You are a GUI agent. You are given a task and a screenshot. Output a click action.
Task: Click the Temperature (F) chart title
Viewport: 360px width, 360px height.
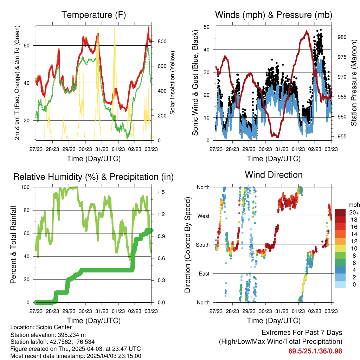click(93, 15)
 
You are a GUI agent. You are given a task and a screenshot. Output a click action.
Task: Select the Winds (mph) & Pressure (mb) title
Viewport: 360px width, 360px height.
click(274, 15)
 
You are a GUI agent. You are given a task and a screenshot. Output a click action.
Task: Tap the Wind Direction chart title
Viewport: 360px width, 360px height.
click(274, 175)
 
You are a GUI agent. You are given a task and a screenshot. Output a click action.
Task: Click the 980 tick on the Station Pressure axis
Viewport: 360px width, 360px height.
click(340, 37)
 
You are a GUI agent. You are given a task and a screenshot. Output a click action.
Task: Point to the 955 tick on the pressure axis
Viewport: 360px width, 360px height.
click(340, 137)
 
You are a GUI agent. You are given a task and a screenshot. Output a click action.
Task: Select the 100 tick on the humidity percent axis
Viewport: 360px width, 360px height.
click(27, 187)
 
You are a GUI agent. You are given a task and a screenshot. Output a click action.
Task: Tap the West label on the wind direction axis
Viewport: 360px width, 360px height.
click(203, 216)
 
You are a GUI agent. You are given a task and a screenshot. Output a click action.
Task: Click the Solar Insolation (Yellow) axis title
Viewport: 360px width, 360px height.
click(173, 83)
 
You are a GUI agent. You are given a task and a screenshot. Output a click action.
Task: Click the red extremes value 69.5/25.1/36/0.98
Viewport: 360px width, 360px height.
click(315, 351)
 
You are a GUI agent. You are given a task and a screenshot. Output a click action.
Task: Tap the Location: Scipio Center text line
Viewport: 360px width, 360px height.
click(41, 328)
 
